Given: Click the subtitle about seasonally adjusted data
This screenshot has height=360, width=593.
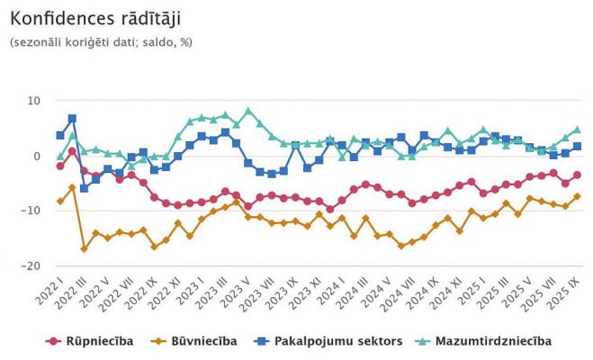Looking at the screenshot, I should [101, 41].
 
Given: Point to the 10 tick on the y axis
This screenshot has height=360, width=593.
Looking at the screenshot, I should [33, 101].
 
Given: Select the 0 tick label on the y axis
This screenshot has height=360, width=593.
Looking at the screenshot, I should [37, 156].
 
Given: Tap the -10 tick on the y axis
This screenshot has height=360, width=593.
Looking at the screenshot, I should [32, 211].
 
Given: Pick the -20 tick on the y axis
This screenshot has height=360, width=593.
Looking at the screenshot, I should [32, 265].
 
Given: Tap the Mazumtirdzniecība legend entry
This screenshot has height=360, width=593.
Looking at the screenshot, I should [485, 341].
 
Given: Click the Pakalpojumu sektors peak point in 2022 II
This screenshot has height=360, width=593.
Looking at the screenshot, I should [72, 119].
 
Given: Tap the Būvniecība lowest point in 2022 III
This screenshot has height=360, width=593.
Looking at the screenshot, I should [84, 248].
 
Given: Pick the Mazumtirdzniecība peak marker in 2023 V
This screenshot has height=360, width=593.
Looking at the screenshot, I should [247, 111].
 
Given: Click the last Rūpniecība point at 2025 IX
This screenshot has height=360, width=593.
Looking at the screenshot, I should [577, 175].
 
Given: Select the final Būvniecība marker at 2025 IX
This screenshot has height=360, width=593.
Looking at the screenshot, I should [577, 196].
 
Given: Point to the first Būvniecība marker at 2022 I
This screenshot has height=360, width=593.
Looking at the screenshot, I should [60, 202].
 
